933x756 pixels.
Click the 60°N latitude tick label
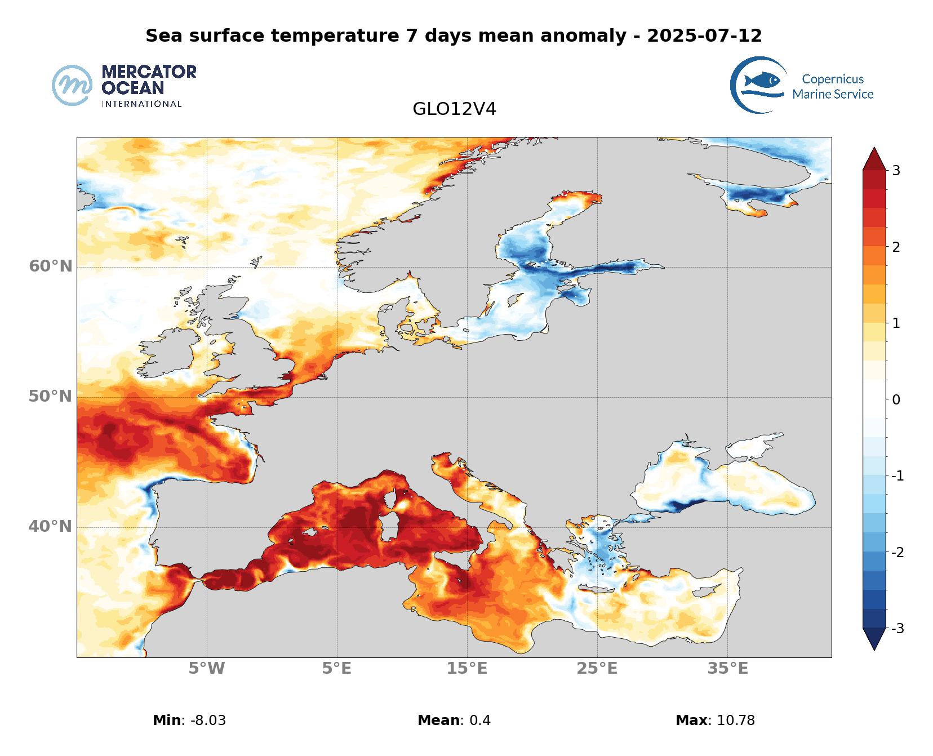tap(51, 266)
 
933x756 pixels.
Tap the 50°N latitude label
tap(51, 397)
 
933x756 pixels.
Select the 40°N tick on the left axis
tap(51, 527)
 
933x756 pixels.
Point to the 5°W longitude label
tap(207, 669)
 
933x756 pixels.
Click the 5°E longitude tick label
tap(337, 669)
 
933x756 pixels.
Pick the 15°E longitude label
tap(467, 669)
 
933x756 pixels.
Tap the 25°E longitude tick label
tap(597, 669)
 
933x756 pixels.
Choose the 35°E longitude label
tap(728, 669)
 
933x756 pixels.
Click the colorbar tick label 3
tap(896, 171)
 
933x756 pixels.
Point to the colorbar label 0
tap(896, 400)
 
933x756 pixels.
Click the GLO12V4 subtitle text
tap(454, 109)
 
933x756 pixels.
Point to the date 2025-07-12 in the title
tap(704, 35)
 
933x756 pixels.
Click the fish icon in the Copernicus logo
tap(761, 81)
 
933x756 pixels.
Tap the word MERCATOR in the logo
tap(149, 72)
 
